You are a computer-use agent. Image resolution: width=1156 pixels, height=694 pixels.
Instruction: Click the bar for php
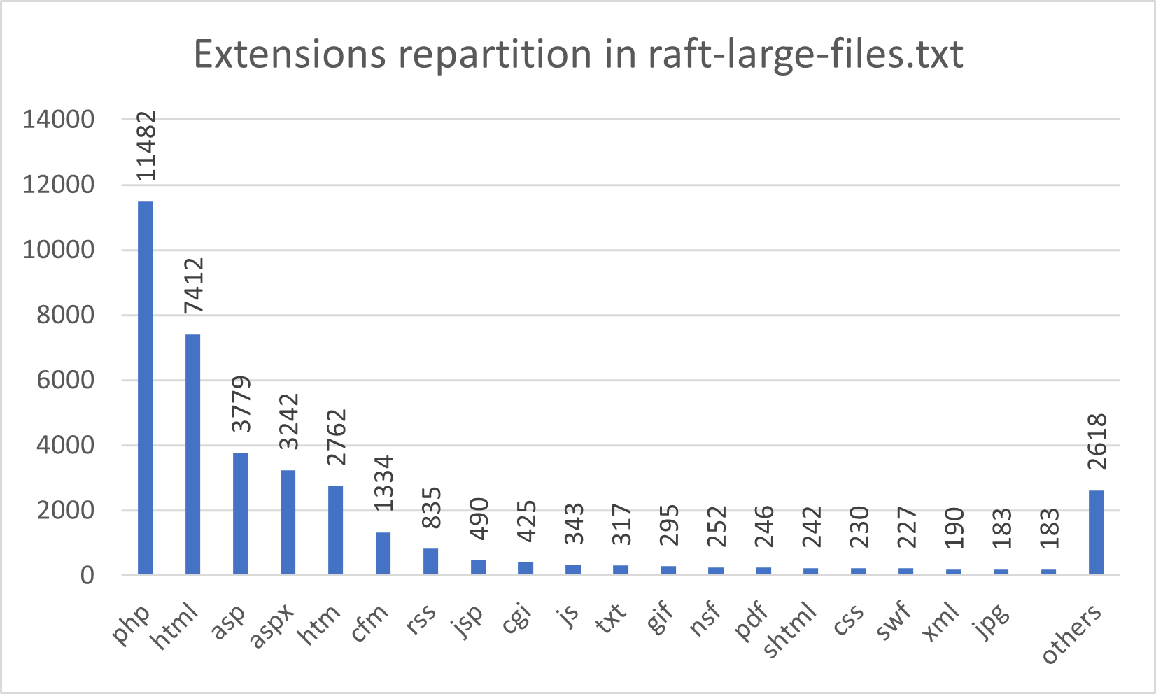[x=145, y=388]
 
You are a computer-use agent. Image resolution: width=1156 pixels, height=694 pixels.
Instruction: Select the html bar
[x=192, y=455]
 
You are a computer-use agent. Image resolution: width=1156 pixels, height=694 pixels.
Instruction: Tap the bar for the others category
[x=1096, y=532]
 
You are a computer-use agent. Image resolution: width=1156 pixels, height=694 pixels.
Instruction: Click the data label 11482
[x=146, y=146]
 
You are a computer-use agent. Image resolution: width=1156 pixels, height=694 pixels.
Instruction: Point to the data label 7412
[x=193, y=285]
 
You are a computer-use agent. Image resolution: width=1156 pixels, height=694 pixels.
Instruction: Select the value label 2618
[x=1097, y=441]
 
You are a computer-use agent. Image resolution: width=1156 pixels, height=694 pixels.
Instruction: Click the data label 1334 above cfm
[x=383, y=484]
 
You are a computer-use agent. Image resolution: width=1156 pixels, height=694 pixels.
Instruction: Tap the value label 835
[x=431, y=509]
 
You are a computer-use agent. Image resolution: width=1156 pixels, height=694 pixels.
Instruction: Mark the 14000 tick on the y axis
[x=58, y=120]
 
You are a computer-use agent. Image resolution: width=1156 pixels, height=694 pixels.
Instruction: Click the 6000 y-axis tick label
[x=58, y=381]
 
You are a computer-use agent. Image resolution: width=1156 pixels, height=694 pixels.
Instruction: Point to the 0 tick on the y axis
[x=87, y=576]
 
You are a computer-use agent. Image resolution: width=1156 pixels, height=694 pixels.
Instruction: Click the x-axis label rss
[x=422, y=618]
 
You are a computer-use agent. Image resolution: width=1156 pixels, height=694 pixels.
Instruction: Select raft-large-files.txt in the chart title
[x=805, y=54]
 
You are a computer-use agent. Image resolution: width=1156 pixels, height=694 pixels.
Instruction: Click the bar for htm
[x=335, y=530]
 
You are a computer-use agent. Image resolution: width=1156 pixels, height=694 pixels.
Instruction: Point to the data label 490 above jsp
[x=479, y=518]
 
